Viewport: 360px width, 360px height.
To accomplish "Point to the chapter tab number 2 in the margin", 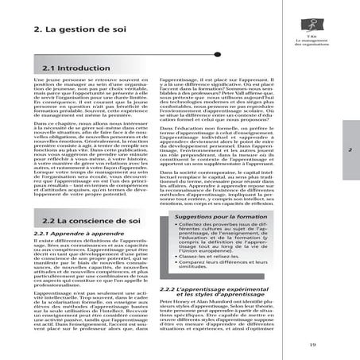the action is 349,149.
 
